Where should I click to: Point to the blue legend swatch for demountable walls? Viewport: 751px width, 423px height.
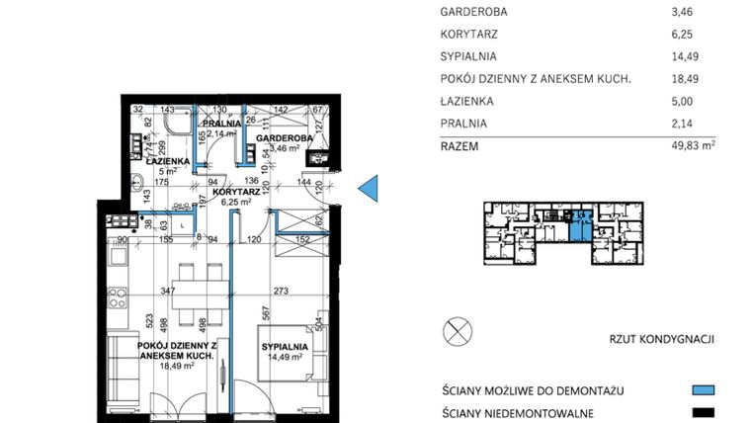(x=703, y=389)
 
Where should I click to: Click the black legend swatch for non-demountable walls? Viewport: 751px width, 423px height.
(x=703, y=414)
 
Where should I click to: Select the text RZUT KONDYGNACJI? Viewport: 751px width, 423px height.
(x=662, y=340)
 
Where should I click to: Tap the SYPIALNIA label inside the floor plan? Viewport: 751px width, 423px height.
(x=287, y=347)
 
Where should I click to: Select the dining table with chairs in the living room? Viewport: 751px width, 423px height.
(x=184, y=281)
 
